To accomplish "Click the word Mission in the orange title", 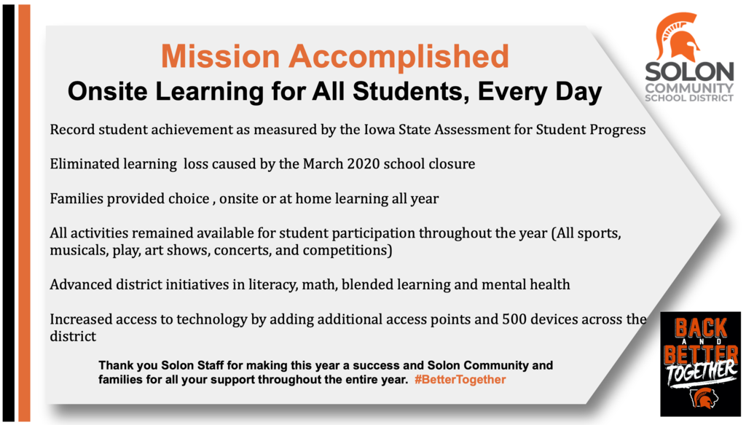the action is click(x=220, y=56).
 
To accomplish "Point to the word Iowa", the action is click(x=379, y=130).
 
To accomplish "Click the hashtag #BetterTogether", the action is click(x=460, y=379).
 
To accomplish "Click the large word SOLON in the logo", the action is click(x=689, y=72).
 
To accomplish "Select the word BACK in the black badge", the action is click(x=701, y=328).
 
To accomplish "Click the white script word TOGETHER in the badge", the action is click(x=701, y=373).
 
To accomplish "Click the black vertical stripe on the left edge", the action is click(x=8, y=213).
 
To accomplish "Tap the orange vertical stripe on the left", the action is click(x=24, y=213).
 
